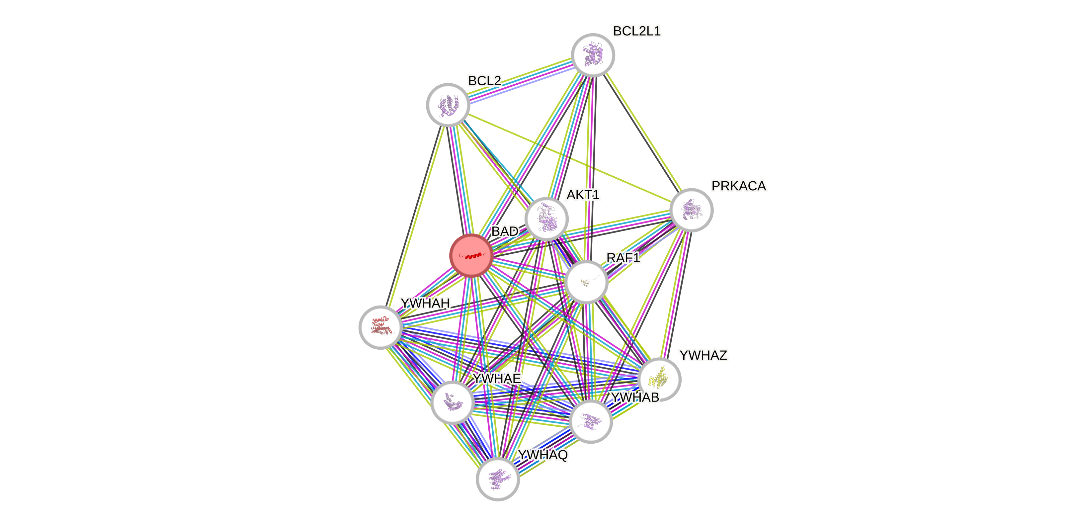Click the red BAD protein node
[x=471, y=255]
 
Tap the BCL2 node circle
[x=448, y=105]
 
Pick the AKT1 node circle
[x=546, y=219]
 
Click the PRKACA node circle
[x=691, y=210]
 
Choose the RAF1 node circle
[x=586, y=282]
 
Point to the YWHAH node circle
[x=380, y=327]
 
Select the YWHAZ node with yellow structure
[x=659, y=379]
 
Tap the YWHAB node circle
[x=591, y=421]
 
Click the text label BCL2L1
[x=636, y=31]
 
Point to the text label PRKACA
[x=739, y=186]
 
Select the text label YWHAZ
[x=703, y=355]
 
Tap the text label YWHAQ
[x=542, y=455]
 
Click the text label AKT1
[x=583, y=195]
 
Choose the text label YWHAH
[x=425, y=303]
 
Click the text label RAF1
[x=623, y=258]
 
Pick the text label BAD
[x=505, y=231]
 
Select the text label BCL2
[x=484, y=81]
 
